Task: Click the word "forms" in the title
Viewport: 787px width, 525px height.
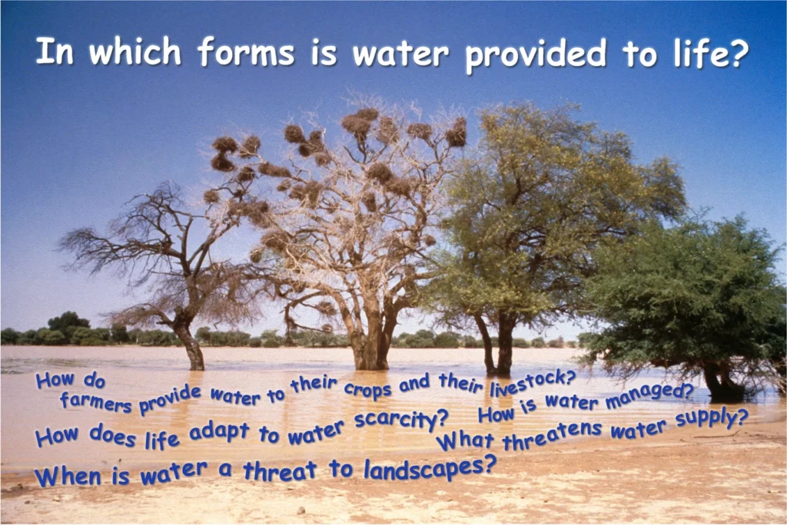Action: tap(245, 51)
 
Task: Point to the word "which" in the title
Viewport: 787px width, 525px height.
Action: tap(135, 51)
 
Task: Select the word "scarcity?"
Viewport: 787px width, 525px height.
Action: tap(401, 419)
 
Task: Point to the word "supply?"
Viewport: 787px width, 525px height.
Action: tap(712, 419)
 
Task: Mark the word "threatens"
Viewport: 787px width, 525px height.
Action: tap(552, 436)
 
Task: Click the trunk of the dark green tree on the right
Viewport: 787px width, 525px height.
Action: tap(720, 381)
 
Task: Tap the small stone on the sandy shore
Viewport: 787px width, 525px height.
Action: tap(301, 510)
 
